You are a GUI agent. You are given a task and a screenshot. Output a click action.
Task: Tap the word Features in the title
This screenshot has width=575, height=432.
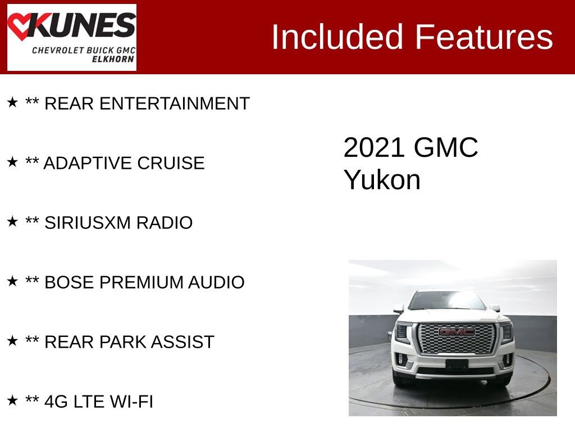click(484, 37)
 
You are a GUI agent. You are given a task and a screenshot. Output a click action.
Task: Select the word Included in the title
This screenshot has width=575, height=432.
click(337, 37)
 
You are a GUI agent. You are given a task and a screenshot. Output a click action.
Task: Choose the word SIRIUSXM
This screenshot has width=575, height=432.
click(83, 223)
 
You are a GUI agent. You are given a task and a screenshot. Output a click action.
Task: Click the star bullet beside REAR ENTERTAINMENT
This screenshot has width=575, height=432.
click(12, 102)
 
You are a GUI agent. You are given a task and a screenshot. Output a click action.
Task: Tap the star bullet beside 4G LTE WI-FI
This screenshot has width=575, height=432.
click(12, 400)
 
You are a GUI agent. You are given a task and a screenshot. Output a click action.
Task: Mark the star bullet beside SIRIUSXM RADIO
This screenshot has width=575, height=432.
click(12, 222)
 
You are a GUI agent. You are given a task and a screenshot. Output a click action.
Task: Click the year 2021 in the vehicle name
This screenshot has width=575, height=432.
click(374, 148)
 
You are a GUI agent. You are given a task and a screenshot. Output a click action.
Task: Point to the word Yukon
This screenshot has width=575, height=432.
click(382, 180)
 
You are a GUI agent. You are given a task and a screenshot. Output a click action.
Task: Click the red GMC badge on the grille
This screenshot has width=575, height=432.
click(457, 332)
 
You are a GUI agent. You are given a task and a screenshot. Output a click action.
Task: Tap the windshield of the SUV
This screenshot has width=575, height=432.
click(447, 301)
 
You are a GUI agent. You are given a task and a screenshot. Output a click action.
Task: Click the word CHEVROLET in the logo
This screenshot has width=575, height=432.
click(58, 50)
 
